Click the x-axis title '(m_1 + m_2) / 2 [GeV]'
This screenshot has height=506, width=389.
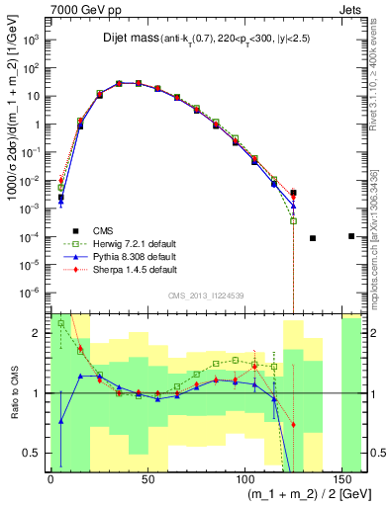pos(291,492)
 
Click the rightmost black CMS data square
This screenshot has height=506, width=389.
pos(351,235)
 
